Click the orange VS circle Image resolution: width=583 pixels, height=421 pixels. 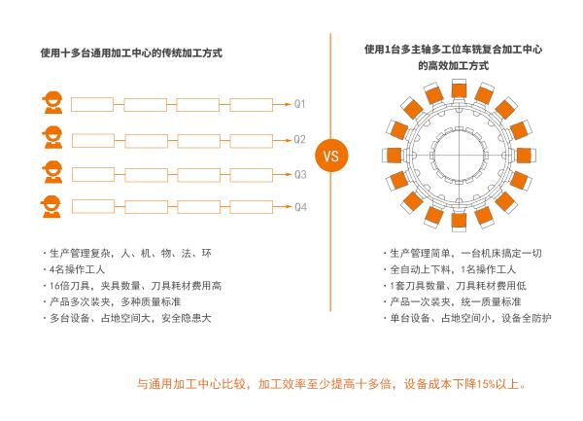[331, 156]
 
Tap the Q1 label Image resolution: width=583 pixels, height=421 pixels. [299, 104]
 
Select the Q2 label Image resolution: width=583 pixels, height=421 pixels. [299, 139]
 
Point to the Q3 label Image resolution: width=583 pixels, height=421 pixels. [300, 174]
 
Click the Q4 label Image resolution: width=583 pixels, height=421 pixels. [300, 207]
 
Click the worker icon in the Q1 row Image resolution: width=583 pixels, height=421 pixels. [52, 102]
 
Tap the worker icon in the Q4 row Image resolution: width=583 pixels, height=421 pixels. [51, 206]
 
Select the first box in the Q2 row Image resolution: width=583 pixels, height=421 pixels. [93, 141]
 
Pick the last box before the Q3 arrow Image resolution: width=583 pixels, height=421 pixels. [251, 175]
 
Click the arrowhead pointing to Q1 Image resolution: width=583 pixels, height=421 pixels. [288, 104]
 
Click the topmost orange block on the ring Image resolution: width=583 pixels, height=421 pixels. [460, 89]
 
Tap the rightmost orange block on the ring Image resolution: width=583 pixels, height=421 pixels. [525, 156]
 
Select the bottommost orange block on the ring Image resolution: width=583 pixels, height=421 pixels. [459, 222]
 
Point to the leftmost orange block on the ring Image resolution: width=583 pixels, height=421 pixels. [393, 156]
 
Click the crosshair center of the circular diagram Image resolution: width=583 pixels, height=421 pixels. [459, 156]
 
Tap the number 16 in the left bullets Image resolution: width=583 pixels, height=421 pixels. [54, 286]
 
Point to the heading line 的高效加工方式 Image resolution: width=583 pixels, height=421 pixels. [453, 66]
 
